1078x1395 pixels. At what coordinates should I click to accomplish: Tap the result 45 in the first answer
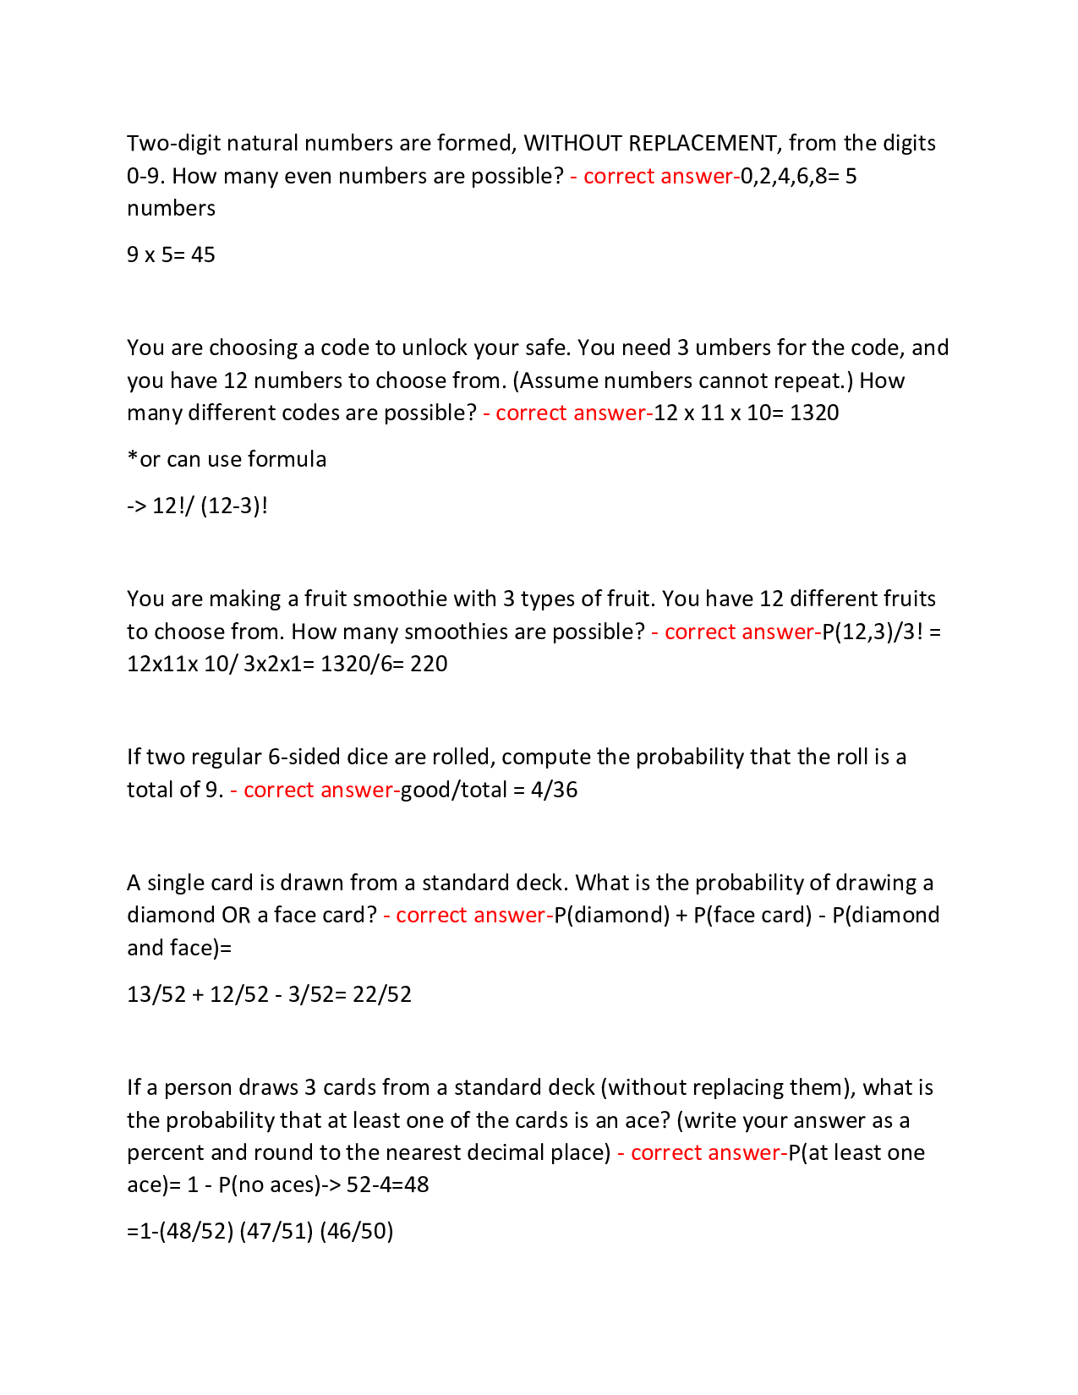coord(203,254)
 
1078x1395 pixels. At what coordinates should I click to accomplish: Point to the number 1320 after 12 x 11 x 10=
coord(814,413)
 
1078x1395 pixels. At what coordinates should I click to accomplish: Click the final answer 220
coord(429,664)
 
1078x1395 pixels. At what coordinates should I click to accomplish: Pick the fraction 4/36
coord(555,790)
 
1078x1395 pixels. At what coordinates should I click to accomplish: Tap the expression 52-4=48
coord(388,1184)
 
